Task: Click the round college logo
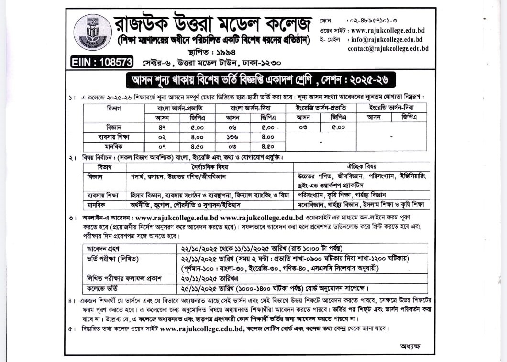pyautogui.click(x=92, y=32)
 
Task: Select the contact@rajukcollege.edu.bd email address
pyautogui.click(x=388, y=49)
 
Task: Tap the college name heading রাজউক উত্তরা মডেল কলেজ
pyautogui.click(x=213, y=22)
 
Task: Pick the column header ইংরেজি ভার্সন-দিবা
pyautogui.click(x=391, y=108)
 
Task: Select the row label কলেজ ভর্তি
pyautogui.click(x=100, y=288)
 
